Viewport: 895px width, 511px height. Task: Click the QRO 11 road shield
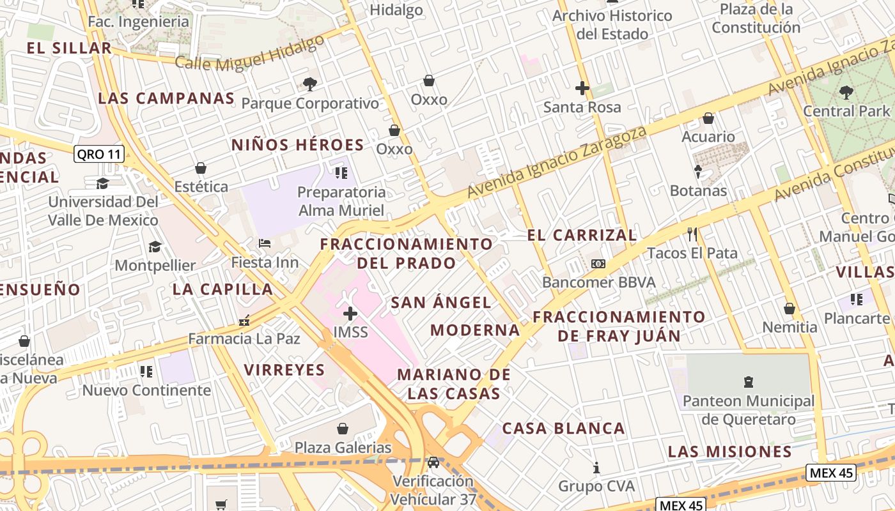click(x=99, y=154)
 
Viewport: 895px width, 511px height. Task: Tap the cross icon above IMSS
click(x=350, y=313)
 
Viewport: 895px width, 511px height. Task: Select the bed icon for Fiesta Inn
click(x=265, y=243)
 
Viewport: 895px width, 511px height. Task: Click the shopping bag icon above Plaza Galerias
click(x=343, y=428)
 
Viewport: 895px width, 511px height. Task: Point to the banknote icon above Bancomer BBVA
click(x=598, y=263)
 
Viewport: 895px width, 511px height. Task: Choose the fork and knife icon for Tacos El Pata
click(x=692, y=234)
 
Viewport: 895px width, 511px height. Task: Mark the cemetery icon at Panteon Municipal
click(x=749, y=382)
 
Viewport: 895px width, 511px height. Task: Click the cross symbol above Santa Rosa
click(x=582, y=88)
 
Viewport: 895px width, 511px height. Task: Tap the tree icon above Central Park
click(x=846, y=93)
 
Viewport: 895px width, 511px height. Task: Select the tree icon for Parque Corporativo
click(x=310, y=84)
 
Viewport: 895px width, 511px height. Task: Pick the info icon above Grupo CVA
click(x=596, y=468)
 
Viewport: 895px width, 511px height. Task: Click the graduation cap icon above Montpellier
click(x=155, y=247)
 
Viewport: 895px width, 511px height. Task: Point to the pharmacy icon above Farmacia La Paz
click(x=244, y=320)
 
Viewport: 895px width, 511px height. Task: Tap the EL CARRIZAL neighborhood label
click(x=582, y=235)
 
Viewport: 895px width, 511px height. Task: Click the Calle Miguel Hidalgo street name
click(x=249, y=53)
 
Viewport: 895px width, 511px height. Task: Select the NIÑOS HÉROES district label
click(x=297, y=145)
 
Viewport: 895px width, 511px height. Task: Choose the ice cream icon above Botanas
click(x=698, y=172)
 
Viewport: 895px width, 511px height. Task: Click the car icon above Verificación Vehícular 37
click(x=433, y=462)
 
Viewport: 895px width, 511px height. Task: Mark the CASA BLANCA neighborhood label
click(x=563, y=428)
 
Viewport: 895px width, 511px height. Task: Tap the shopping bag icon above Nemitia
click(x=790, y=309)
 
